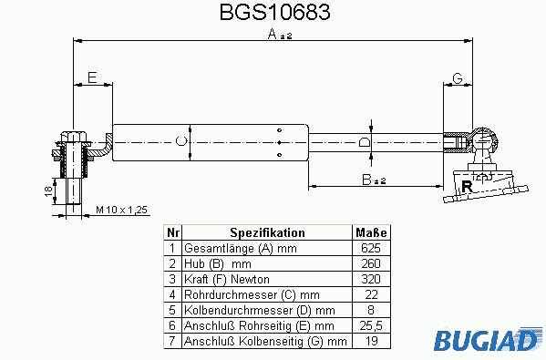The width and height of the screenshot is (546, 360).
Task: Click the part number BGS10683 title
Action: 274,12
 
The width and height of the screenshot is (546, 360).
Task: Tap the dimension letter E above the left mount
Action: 92,77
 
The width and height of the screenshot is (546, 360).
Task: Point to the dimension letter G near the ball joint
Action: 458,78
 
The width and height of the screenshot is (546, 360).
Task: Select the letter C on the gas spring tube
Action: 180,141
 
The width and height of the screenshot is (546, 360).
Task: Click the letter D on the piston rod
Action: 365,142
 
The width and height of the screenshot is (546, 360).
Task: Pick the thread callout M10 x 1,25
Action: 122,210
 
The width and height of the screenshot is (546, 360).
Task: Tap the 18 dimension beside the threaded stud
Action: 48,191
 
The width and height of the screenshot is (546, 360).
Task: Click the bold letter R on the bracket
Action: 467,187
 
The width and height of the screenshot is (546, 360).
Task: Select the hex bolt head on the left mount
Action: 74,136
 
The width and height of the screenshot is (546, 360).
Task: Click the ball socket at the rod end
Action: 483,141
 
